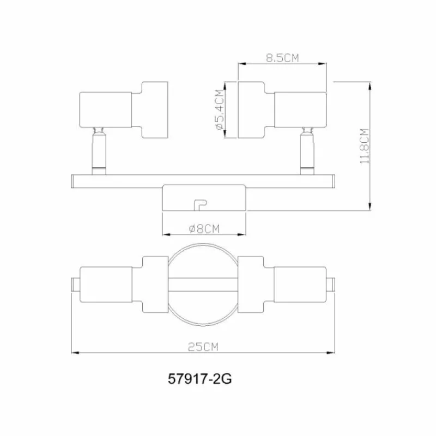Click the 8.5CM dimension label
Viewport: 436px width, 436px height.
282,58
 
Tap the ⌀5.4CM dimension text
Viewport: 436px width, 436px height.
220,110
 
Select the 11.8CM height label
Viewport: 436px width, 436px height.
365,146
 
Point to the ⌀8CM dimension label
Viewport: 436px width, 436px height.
204,229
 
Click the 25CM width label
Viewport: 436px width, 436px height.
203,347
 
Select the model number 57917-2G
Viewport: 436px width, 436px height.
199,379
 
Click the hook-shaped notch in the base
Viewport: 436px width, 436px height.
201,205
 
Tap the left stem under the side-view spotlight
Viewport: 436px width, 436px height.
99,151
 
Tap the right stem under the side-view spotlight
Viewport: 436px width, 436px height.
307,151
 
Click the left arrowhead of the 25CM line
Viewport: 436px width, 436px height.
75,353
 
